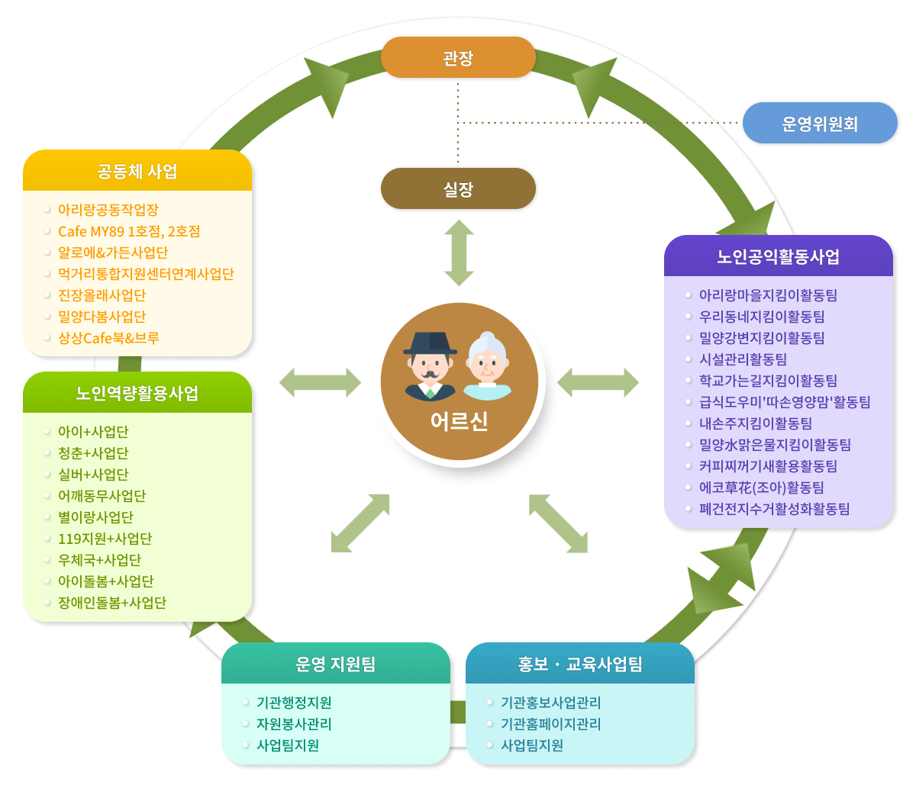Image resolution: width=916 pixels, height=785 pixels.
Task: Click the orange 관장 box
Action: tap(458, 57)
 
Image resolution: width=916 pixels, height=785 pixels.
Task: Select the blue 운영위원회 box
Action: tap(820, 124)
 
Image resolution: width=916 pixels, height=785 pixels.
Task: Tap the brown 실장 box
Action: tap(458, 188)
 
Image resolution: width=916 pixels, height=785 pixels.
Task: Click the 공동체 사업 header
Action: tap(137, 171)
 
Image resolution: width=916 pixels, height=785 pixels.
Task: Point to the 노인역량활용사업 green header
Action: tap(137, 393)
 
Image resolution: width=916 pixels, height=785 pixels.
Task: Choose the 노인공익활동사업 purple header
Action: tap(779, 256)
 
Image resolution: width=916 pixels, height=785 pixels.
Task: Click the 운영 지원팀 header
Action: tap(336, 664)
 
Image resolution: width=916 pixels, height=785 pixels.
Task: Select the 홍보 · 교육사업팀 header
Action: tap(580, 664)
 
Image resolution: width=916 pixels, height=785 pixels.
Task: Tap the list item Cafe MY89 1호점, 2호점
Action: tap(129, 231)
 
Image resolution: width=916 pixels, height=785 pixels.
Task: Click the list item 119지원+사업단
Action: tap(105, 539)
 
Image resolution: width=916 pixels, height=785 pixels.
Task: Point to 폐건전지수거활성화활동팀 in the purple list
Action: tap(774, 509)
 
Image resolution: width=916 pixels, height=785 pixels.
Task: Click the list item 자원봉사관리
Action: tap(294, 724)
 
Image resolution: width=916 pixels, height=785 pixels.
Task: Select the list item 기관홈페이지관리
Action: tap(550, 724)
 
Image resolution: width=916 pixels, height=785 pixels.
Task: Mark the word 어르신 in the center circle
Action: tap(459, 421)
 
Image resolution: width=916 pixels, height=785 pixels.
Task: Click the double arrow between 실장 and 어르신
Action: tap(459, 253)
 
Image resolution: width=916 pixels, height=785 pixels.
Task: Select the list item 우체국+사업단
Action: tap(99, 560)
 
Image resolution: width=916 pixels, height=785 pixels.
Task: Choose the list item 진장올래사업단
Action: tap(102, 295)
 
